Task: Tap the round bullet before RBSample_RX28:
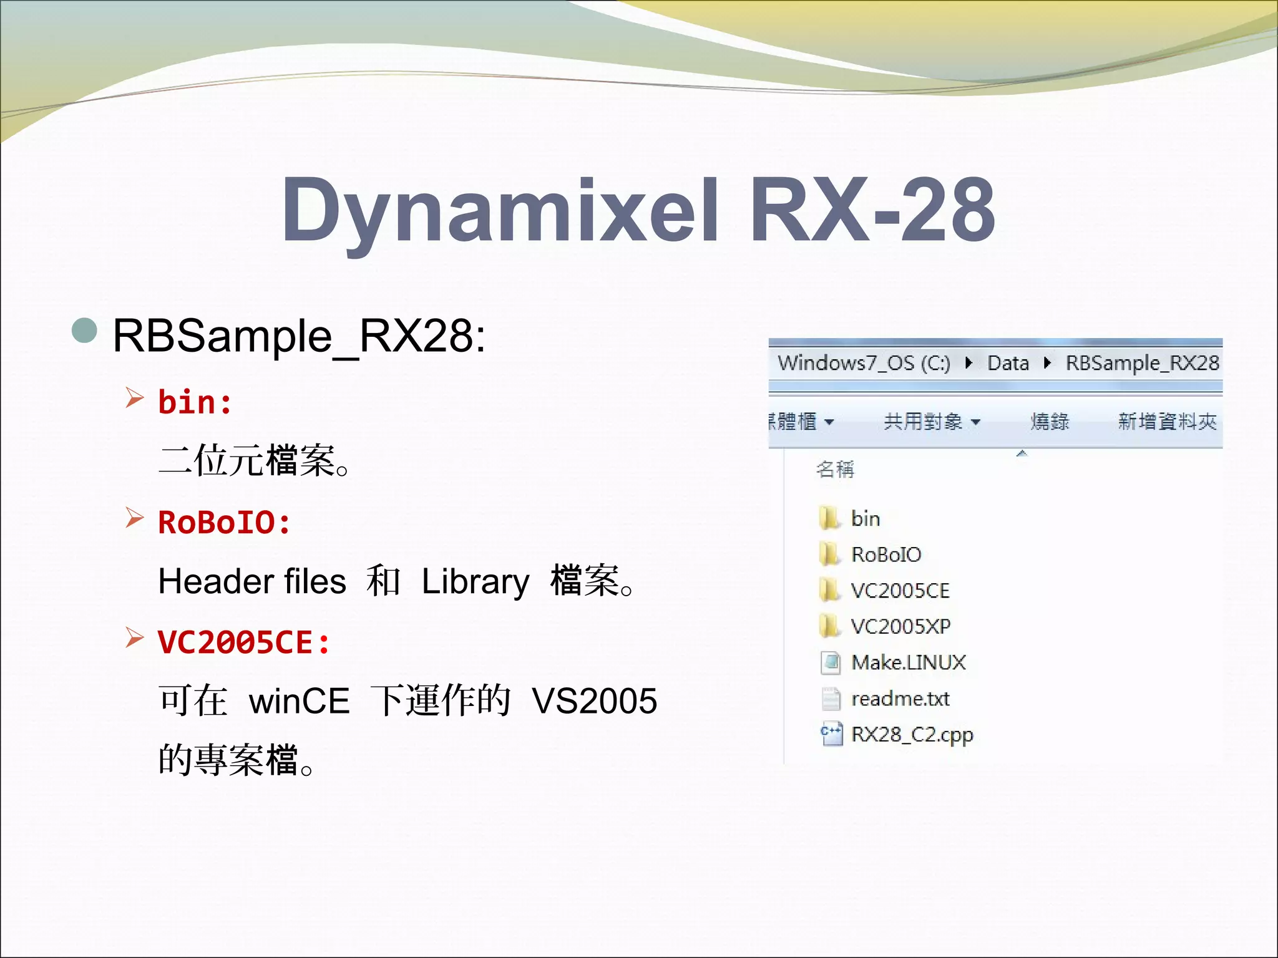[x=85, y=331]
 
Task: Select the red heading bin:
[x=195, y=402]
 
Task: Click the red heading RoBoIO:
[x=224, y=522]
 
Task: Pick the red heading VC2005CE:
[x=243, y=642]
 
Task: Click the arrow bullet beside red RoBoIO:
[x=134, y=517]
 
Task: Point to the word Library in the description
[x=476, y=581]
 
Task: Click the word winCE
[x=299, y=700]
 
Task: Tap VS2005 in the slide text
[x=594, y=700]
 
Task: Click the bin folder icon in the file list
[x=829, y=518]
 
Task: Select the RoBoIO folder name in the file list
[x=886, y=554]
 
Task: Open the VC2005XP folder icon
[x=829, y=626]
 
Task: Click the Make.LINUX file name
[x=908, y=662]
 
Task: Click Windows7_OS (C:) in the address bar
[x=864, y=363]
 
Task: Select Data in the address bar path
[x=1008, y=363]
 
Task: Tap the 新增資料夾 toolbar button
[x=1167, y=422]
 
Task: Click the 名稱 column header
[x=835, y=469]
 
